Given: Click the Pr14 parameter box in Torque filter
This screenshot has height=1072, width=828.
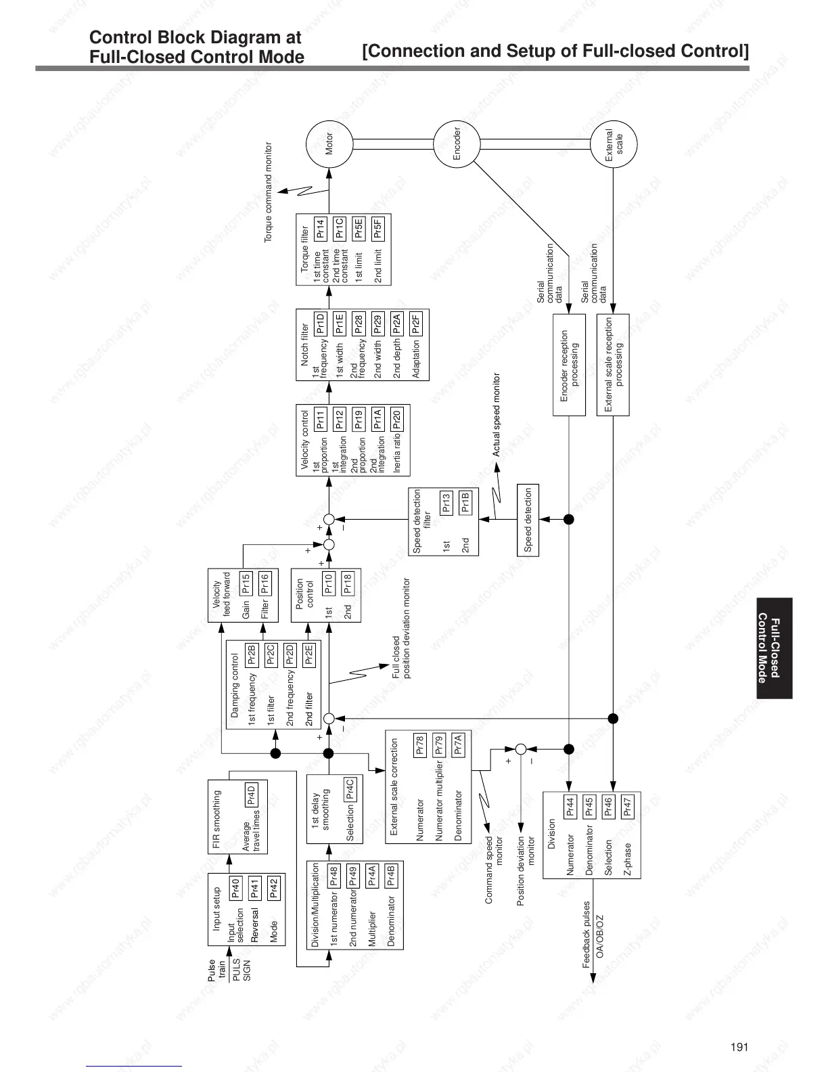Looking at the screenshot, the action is coord(321,228).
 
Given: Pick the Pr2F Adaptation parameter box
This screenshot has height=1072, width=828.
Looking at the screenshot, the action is coord(416,321).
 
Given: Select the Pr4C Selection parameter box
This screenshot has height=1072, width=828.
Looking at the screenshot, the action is coord(350,790).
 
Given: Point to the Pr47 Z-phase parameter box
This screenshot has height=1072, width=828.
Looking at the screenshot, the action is coord(627,805).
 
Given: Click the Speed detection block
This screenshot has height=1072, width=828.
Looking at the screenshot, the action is coord(528,520).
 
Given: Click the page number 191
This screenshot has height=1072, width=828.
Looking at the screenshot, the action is coord(739,1047).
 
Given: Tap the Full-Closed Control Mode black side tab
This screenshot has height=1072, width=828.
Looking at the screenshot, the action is coord(774,648).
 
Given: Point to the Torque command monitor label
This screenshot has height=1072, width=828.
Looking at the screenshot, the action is coord(268,192).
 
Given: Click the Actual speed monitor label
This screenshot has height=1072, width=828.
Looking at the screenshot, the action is coord(496,415).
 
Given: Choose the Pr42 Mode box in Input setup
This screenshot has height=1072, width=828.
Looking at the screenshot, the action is coord(273,888).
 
